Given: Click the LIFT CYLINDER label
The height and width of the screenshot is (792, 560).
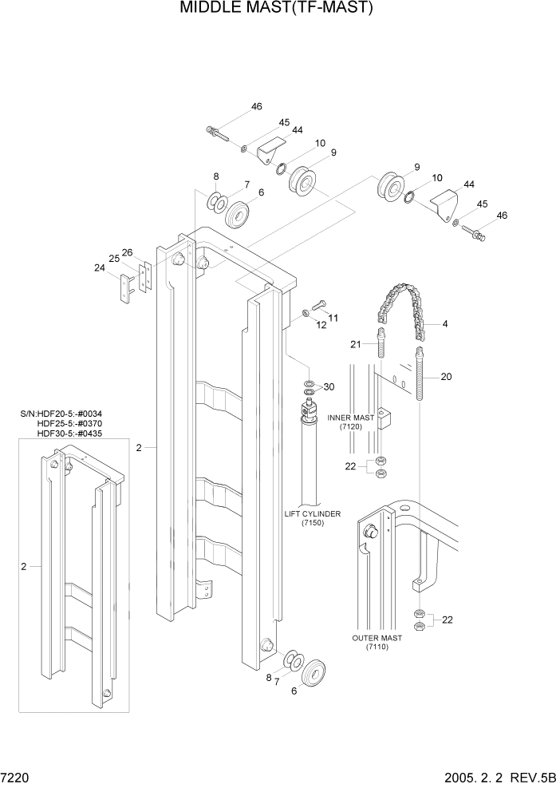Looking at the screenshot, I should pyautogui.click(x=313, y=513).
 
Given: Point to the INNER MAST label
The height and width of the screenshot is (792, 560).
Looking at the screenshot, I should pyautogui.click(x=352, y=418).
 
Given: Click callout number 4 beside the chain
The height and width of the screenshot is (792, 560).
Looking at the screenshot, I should pyautogui.click(x=445, y=324).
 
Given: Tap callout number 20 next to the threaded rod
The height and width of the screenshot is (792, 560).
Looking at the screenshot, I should pyautogui.click(x=446, y=377).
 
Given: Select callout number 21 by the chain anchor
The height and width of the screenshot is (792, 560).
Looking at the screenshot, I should pyautogui.click(x=357, y=343).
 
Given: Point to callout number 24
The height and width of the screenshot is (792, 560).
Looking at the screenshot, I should pyautogui.click(x=100, y=268).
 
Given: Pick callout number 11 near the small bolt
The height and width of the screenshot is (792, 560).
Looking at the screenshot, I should pyautogui.click(x=333, y=318).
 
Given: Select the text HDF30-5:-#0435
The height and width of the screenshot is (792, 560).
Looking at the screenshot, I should pyautogui.click(x=69, y=434).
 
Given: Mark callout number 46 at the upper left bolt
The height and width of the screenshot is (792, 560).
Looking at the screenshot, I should pyautogui.click(x=256, y=107).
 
